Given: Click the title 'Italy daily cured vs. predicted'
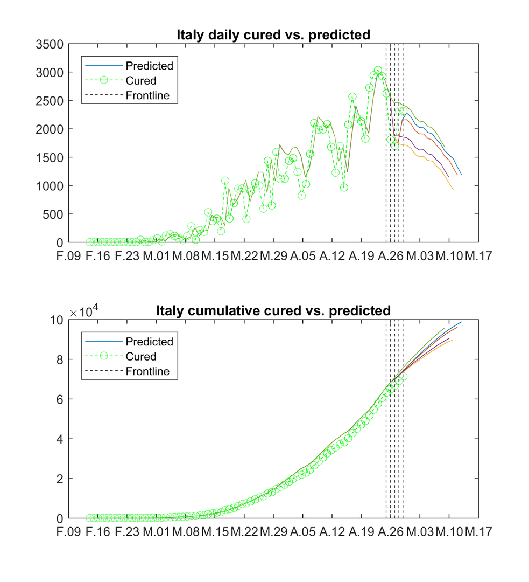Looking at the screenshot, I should coord(273,36).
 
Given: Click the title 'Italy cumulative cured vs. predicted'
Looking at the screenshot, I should coord(273,311).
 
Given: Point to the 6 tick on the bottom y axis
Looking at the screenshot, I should coord(60,399).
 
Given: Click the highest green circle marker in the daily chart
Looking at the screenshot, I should coord(378,71).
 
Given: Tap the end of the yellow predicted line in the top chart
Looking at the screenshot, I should coord(453,189).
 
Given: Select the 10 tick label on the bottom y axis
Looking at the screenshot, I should coord(57,320).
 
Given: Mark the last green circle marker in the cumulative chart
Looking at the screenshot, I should coord(403,377).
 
